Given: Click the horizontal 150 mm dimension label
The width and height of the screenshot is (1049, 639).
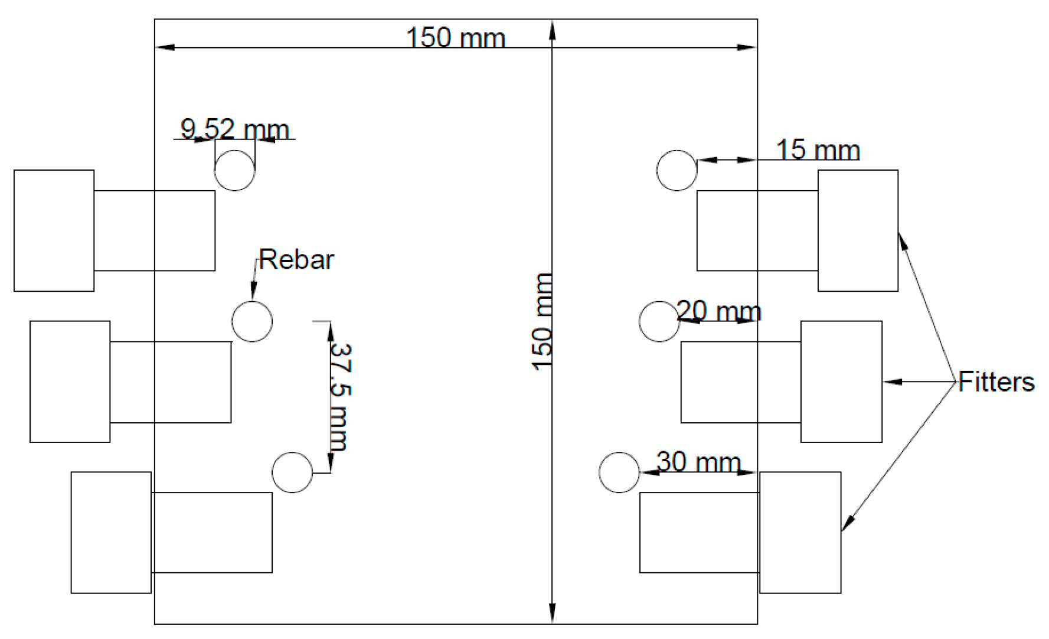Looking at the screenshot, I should pos(455,38).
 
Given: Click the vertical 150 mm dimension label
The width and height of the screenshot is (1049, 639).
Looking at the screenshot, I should pos(542,322).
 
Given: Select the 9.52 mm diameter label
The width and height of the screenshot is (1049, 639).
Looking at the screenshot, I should pos(234,129).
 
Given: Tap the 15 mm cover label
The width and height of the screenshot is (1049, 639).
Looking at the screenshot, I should pos(818,150).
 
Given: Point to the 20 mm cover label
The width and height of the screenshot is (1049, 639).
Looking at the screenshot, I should pos(718,311).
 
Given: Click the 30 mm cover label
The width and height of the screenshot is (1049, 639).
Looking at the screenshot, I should pos(698,462).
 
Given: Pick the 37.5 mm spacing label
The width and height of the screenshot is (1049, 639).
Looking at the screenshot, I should pos(341,397).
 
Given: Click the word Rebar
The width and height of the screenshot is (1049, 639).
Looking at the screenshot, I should pos(296,260).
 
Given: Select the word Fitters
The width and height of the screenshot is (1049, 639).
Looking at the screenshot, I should pos(996,382).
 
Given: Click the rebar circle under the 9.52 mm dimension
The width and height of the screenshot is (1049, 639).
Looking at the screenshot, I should pos(234,171).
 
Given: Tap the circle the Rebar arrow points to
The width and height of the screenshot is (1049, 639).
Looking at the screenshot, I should pos(252,322).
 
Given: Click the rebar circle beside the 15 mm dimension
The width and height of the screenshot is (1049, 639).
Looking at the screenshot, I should pos(677,171).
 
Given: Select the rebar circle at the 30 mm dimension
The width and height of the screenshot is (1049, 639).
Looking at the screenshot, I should pos(619,472).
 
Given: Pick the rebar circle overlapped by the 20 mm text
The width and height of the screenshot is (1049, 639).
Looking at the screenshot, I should pos(659,322).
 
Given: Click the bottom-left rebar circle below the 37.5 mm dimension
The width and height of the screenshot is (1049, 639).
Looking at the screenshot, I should pos(292,472).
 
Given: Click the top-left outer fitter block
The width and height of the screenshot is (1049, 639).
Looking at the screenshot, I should pos(54,230).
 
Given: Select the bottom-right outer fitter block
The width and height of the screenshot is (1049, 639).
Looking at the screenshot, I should pos(800,532).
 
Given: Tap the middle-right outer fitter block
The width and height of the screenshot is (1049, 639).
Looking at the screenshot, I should pos(841,382).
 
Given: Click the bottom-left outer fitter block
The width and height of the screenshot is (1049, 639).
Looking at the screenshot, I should pos(111,532).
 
